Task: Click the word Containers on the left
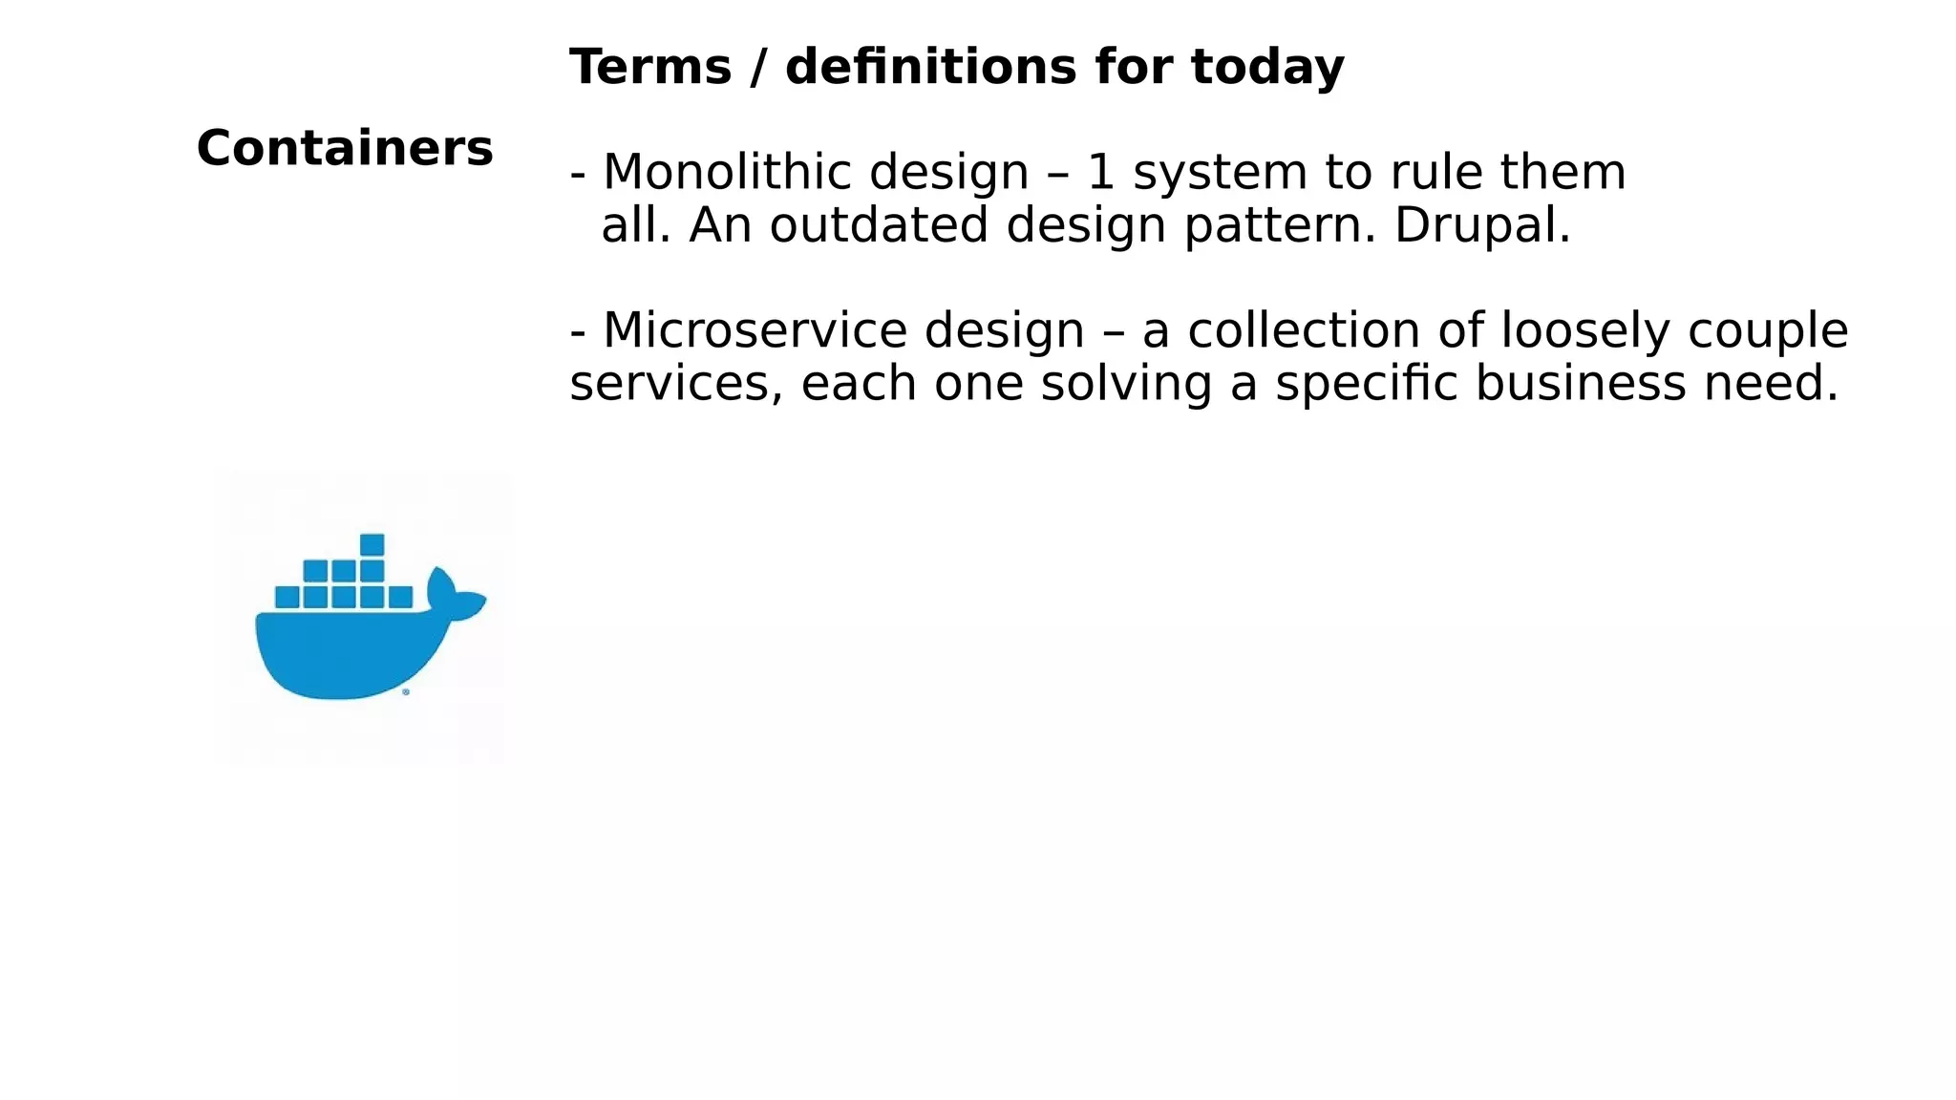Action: click(x=345, y=149)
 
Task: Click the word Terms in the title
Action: click(x=650, y=68)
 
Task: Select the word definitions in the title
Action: click(x=932, y=68)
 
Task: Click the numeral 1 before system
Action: click(x=1101, y=173)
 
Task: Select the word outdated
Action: click(x=879, y=226)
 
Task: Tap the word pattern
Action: click(x=1280, y=226)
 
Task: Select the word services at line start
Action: click(x=675, y=384)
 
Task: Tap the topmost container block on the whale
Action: click(x=372, y=544)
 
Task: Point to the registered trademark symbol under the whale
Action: click(x=406, y=692)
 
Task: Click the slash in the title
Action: click(x=758, y=68)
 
